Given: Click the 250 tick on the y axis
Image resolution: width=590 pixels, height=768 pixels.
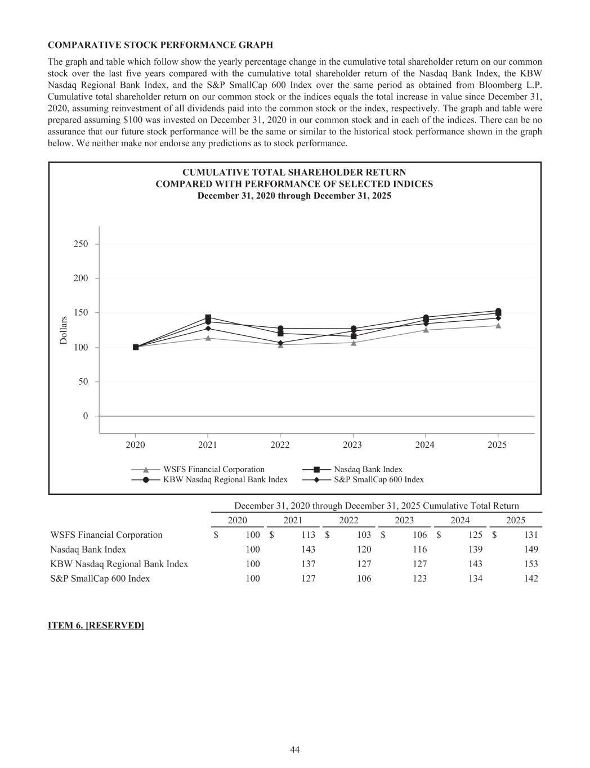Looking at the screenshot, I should click(x=81, y=244).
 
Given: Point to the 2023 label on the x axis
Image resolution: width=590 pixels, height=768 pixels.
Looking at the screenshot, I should click(x=352, y=445).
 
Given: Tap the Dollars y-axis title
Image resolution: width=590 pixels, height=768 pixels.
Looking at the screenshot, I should click(x=64, y=330).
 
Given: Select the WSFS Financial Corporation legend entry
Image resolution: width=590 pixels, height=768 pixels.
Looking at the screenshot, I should click(x=213, y=469).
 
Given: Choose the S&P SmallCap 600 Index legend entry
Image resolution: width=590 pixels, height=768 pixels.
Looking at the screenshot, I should click(x=378, y=480).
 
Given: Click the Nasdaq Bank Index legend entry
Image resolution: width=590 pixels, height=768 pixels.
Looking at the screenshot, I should click(x=368, y=469).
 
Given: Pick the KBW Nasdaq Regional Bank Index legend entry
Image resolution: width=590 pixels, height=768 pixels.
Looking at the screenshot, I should click(x=225, y=480).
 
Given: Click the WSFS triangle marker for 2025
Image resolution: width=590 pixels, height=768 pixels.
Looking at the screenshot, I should click(x=498, y=325).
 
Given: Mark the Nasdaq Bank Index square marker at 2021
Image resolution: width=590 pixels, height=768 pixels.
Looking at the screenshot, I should click(x=208, y=317).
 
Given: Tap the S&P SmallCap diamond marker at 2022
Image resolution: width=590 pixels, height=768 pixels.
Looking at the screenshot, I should click(x=280, y=343).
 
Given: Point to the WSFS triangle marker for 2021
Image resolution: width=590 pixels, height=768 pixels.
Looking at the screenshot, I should click(x=208, y=338).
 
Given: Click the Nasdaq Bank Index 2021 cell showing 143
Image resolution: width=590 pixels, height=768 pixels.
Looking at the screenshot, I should click(x=308, y=550).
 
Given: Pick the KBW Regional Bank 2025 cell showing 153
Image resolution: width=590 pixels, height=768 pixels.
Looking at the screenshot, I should click(x=530, y=564).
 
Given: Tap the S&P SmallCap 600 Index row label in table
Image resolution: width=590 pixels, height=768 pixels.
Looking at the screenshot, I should click(x=100, y=579).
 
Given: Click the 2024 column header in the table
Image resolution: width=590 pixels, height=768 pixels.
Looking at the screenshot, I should click(x=459, y=520).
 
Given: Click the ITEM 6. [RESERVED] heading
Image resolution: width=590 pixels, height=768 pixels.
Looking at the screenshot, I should click(x=96, y=626).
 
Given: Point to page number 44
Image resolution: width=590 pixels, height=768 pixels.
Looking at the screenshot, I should click(x=295, y=749).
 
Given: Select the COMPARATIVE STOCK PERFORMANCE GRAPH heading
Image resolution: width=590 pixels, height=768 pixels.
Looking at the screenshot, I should click(x=160, y=44).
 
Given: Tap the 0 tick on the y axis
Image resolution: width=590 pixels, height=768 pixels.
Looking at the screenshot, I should click(x=86, y=416).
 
